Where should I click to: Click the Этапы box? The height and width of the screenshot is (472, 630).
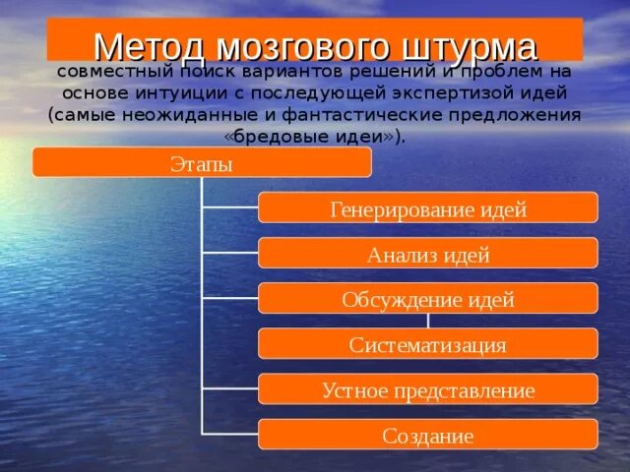202,162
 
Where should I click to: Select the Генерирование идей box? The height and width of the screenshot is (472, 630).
428,207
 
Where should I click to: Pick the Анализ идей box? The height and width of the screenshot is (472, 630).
428,253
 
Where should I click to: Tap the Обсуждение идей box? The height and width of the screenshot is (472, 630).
428,298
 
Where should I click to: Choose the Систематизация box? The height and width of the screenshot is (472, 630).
428,343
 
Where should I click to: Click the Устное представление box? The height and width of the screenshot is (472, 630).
428,389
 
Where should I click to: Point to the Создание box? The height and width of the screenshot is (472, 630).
428,435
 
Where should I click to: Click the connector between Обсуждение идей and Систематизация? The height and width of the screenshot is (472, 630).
428,321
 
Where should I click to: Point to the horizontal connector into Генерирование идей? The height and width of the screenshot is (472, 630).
229,207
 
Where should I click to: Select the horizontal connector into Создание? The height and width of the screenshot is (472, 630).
229,435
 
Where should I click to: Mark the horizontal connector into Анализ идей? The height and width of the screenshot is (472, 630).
229,253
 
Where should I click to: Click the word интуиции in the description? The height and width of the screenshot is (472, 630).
179,94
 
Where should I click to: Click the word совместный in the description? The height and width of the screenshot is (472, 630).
114,72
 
